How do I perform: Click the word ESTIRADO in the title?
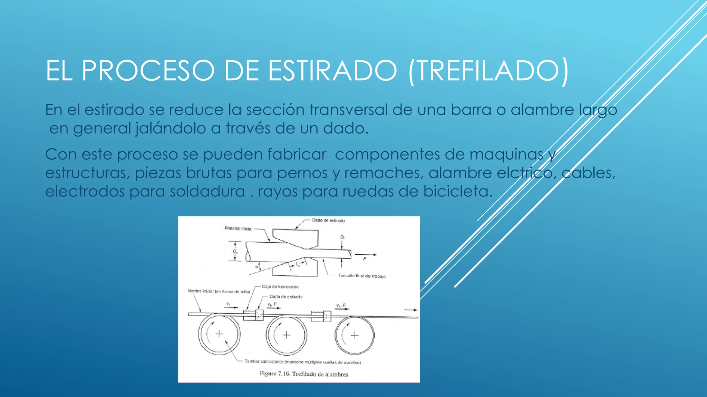coord(333,71)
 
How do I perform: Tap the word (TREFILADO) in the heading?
coord(488,71)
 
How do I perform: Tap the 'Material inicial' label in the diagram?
coord(239,228)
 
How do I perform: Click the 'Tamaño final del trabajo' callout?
coord(362,276)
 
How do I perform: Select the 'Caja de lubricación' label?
coord(280,286)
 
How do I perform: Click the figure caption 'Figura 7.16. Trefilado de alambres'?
coord(304,374)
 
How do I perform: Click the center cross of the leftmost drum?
coord(220,334)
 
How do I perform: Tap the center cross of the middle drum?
coord(287,335)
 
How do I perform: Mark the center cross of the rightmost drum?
coord(355,335)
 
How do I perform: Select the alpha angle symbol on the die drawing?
coord(256,267)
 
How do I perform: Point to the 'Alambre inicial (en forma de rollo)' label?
coord(219,291)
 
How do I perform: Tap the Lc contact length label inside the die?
coord(298,265)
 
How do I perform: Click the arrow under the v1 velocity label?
coord(231,307)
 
